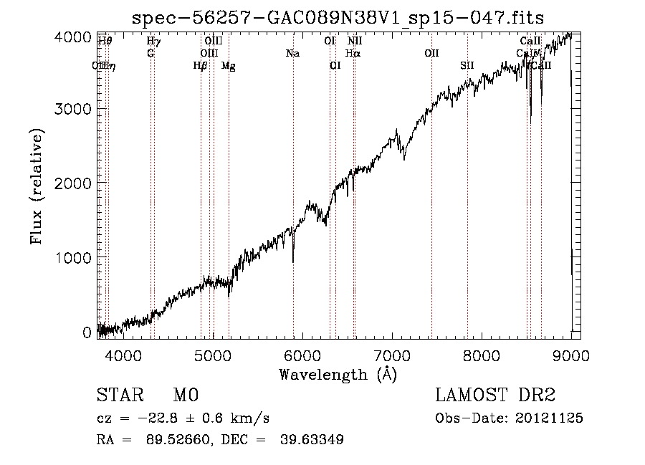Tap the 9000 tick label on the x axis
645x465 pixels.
571,355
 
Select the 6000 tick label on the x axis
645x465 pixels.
302,355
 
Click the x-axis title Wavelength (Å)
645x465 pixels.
337,374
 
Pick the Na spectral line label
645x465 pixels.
292,53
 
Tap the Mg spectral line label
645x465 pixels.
228,66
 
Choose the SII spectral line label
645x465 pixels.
467,66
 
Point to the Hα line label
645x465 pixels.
352,53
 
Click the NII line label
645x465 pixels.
355,41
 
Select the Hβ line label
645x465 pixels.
200,66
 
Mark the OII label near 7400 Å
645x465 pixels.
431,53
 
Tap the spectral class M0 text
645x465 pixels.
185,396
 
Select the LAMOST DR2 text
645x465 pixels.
495,396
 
